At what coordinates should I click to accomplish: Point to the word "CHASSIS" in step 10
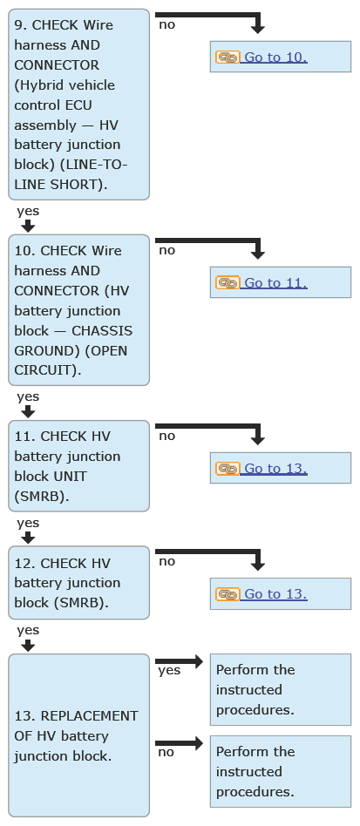102,331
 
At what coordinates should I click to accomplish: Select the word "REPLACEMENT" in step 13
89,716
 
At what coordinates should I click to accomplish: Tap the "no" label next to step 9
166,24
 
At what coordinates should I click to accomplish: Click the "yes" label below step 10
28,396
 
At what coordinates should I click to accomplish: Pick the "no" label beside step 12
166,561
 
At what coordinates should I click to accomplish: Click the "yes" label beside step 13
169,670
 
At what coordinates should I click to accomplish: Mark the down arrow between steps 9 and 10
29,226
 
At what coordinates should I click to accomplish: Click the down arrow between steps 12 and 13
29,646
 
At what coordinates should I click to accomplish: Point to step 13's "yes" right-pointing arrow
180,661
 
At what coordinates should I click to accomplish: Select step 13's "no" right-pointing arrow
180,743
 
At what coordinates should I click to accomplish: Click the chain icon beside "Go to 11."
228,283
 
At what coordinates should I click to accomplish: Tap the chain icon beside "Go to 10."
228,57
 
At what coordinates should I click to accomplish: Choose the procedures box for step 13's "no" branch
281,771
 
